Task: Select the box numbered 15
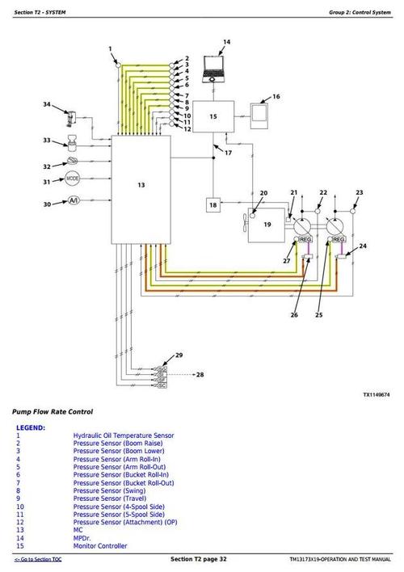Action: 213,117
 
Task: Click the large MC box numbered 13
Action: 141,185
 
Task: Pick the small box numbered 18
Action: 213,206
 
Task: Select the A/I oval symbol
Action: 73,200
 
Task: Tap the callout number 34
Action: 46,104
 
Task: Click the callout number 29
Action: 179,355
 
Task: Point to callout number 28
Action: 200,375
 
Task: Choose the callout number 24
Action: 363,246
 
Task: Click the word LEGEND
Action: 31,427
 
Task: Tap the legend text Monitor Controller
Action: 100,546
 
